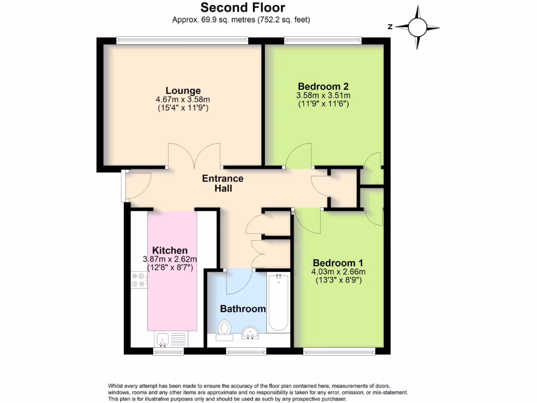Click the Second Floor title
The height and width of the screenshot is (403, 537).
tap(242, 7)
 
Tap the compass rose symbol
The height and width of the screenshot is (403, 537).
tap(418, 27)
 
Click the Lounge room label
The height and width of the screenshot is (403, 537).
tap(183, 90)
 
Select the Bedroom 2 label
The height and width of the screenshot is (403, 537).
tap(324, 87)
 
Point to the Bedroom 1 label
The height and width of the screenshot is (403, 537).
tap(339, 263)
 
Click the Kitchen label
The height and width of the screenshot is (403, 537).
tap(170, 250)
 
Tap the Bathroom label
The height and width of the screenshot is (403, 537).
tap(243, 309)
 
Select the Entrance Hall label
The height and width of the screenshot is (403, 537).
tap(223, 183)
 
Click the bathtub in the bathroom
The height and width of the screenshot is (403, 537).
tap(278, 303)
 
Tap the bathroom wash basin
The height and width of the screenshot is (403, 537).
tap(251, 332)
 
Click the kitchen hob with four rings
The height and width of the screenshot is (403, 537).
tap(139, 280)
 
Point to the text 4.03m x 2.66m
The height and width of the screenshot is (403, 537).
tap(339, 272)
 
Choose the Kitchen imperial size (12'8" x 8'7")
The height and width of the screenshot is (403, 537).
tap(170, 268)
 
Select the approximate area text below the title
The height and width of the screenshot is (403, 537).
tap(242, 20)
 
